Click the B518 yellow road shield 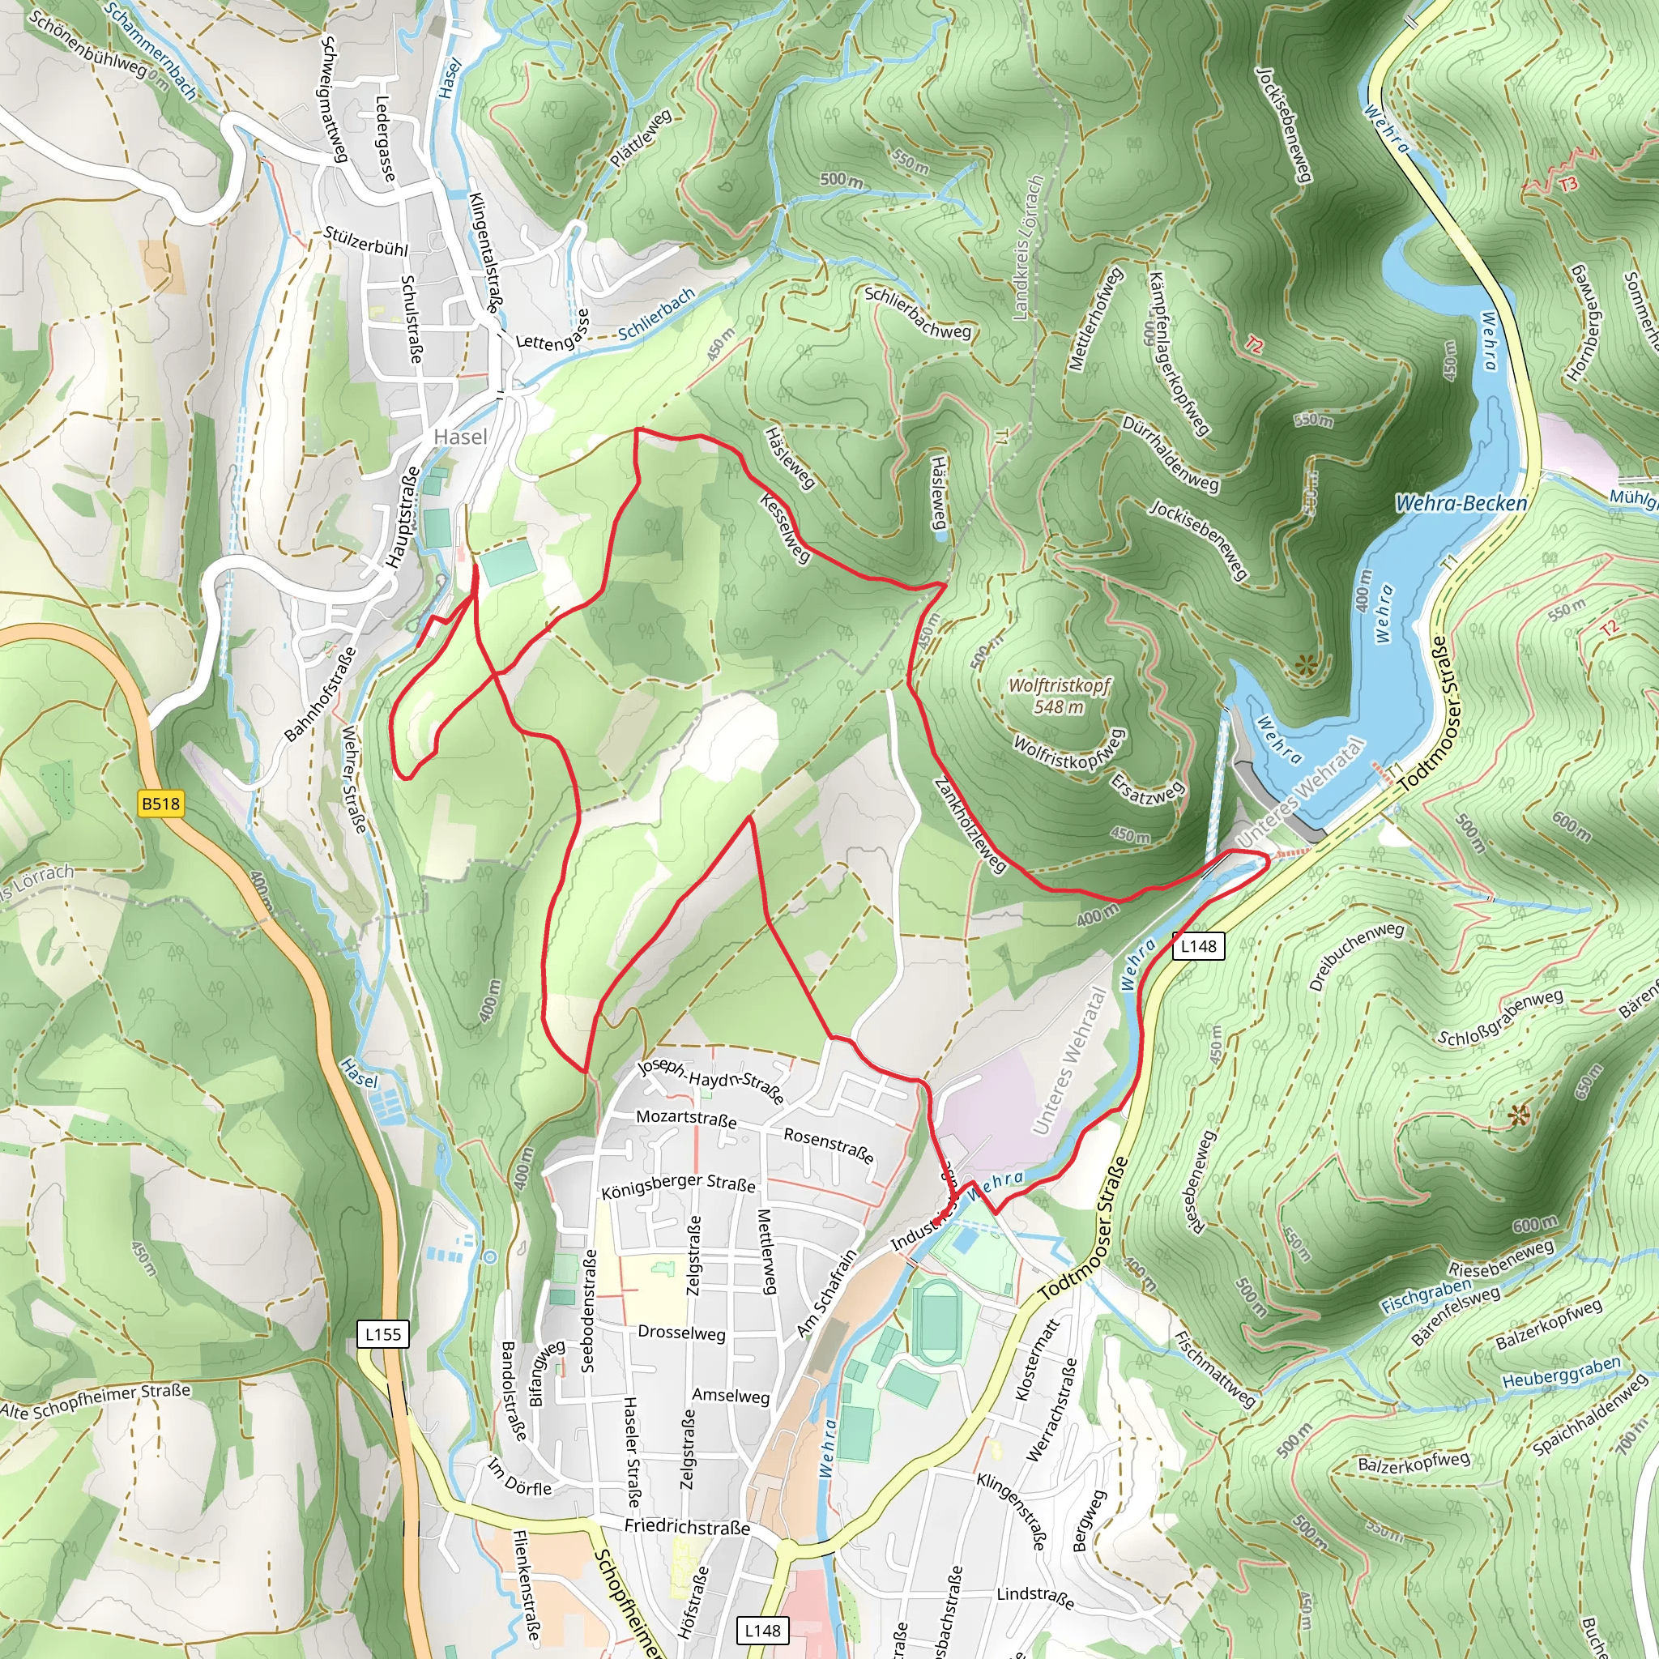click(160, 804)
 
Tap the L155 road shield click(382, 1333)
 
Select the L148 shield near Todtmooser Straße click(1198, 945)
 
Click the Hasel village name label click(460, 437)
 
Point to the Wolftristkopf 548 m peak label click(1059, 697)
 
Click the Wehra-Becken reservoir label click(1461, 503)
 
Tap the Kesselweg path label click(785, 527)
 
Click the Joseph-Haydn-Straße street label click(711, 1082)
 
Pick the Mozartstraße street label click(686, 1118)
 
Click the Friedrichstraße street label click(687, 1526)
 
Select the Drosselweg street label click(682, 1332)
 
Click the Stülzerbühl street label click(366, 241)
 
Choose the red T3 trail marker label click(1568, 185)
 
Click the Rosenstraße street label click(829, 1145)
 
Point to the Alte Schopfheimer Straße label click(96, 1401)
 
